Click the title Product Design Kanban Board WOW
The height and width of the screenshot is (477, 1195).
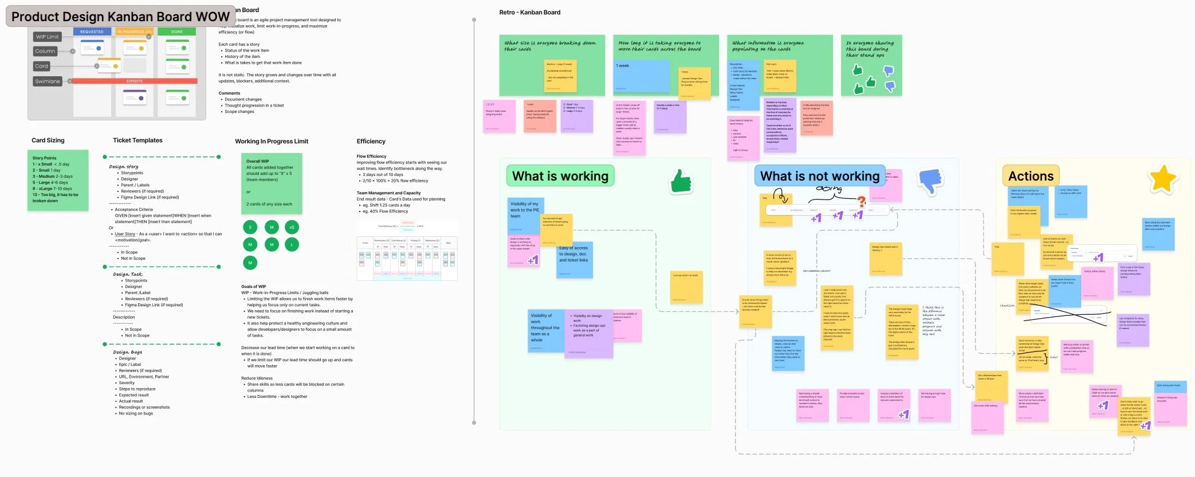pyautogui.click(x=120, y=17)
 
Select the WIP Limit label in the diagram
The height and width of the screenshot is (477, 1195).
pyautogui.click(x=47, y=37)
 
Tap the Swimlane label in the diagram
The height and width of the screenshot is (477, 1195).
pyautogui.click(x=48, y=81)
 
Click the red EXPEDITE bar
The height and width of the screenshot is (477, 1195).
pyautogui.click(x=135, y=81)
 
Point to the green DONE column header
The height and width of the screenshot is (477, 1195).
pyautogui.click(x=177, y=32)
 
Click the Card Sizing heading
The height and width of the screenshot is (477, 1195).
pyautogui.click(x=48, y=140)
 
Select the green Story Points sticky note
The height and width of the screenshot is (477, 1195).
pyautogui.click(x=58, y=179)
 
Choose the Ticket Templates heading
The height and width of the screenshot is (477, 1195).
pyautogui.click(x=137, y=140)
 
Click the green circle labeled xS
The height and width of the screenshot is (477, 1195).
pyautogui.click(x=292, y=227)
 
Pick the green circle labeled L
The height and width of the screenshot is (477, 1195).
pyautogui.click(x=292, y=245)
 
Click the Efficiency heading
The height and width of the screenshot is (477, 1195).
pyautogui.click(x=371, y=142)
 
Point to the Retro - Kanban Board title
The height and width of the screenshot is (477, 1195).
pyautogui.click(x=529, y=13)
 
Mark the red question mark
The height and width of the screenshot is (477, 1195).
pyautogui.click(x=861, y=201)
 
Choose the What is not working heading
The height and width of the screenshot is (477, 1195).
pyautogui.click(x=819, y=177)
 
